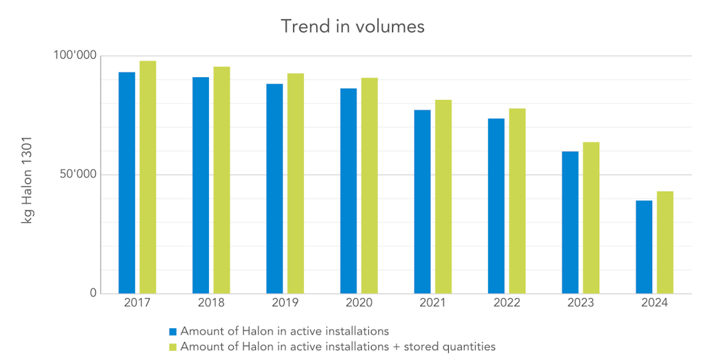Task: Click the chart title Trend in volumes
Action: pos(352,26)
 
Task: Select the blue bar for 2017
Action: pos(127,183)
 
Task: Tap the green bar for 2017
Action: pos(148,177)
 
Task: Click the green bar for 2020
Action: pos(370,186)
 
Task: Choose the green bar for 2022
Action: pos(517,201)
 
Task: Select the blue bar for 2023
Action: pos(570,222)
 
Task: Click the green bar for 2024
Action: pos(665,242)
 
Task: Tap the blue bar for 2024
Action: pos(644,247)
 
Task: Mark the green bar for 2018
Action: pos(221,180)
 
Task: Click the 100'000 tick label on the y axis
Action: pos(74,56)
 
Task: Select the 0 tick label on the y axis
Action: pos(93,294)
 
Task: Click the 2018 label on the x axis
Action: pos(211,303)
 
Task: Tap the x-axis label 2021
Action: pos(433,303)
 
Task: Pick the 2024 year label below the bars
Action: pos(654,303)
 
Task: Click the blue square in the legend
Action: pos(173,331)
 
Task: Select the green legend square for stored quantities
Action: pos(173,347)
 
